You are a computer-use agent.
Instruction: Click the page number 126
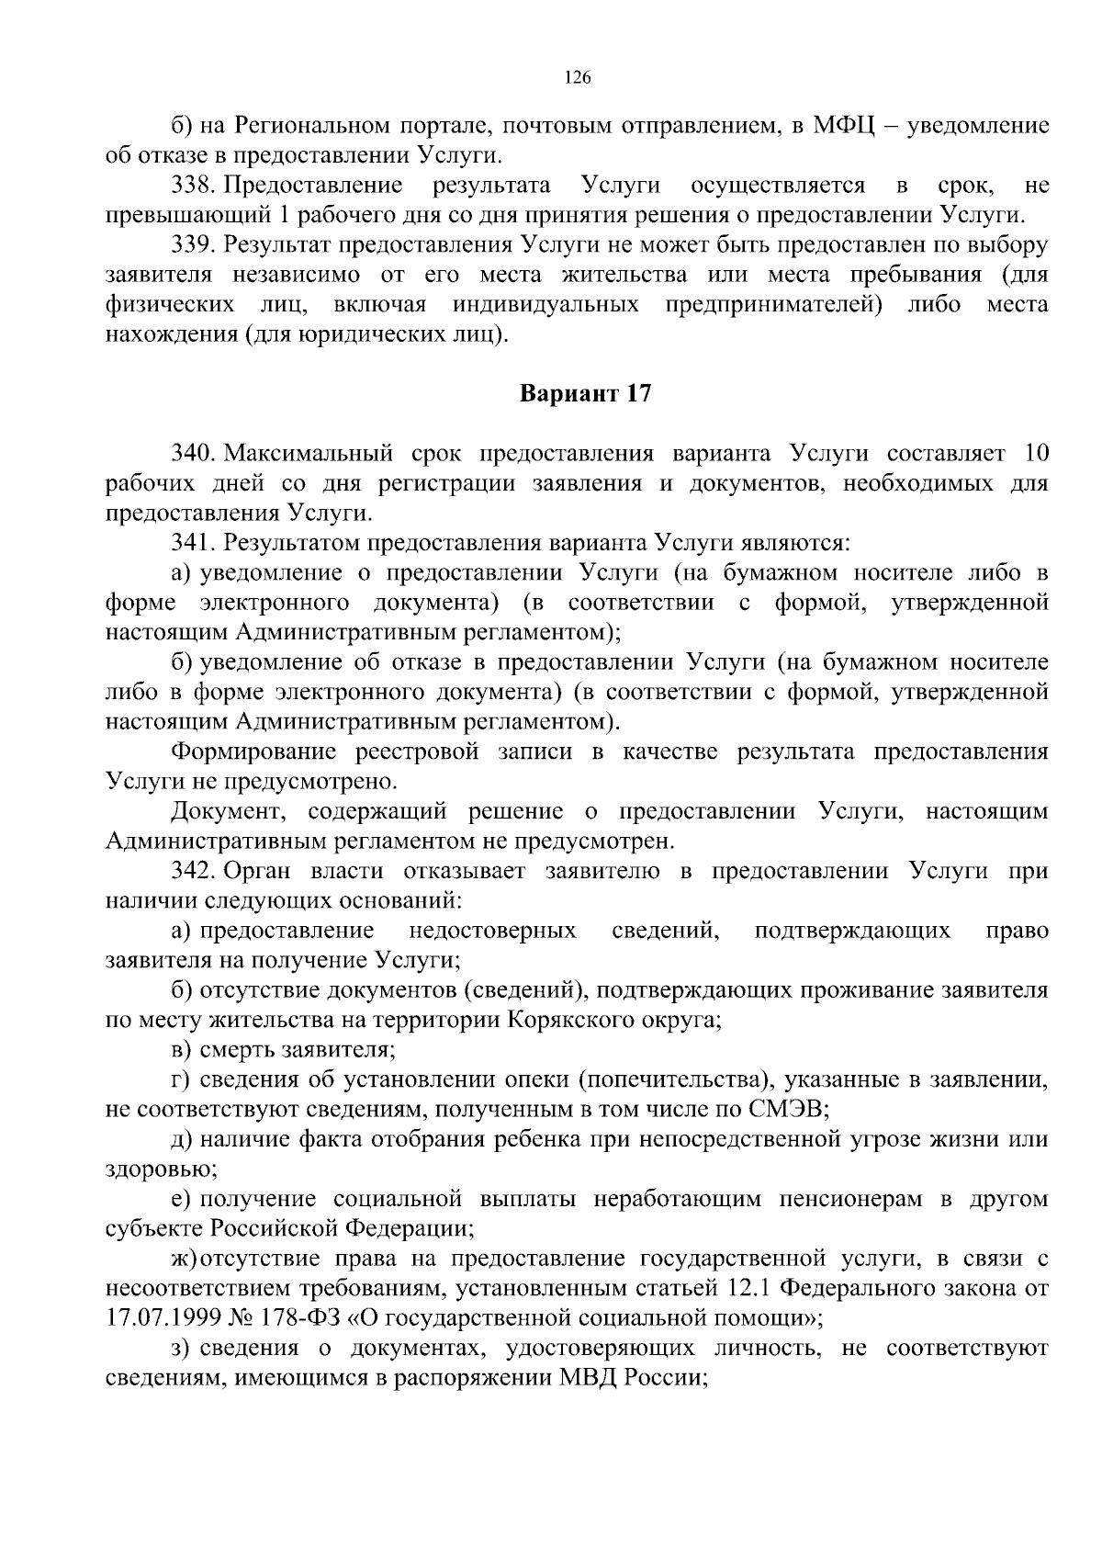click(577, 78)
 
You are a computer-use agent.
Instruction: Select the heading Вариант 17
click(586, 394)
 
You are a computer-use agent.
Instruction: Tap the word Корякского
click(575, 1021)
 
